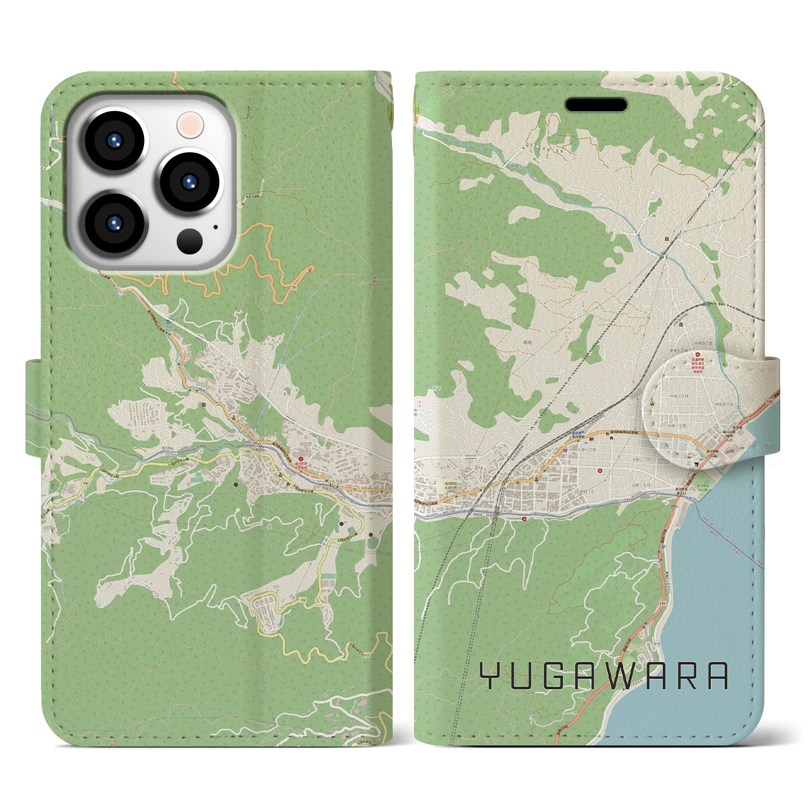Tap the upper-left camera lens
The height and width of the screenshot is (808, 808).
coord(118,141)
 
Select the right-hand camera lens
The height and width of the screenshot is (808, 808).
coord(187,181)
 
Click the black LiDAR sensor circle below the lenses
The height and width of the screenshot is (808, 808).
coord(189,241)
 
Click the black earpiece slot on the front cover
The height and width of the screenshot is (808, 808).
coord(595,104)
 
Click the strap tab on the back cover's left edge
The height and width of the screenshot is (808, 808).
coord(35,407)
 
